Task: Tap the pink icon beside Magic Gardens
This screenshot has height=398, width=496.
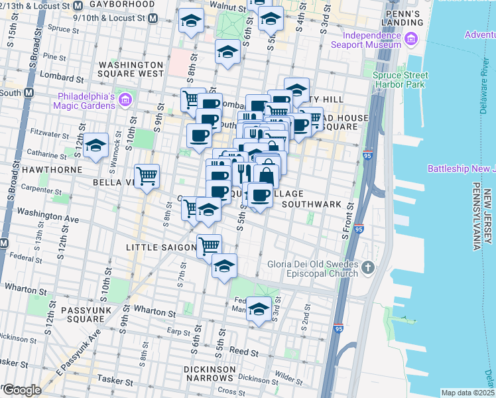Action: click(x=125, y=99)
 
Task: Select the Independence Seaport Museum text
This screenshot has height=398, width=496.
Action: click(x=372, y=40)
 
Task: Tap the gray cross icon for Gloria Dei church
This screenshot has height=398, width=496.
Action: click(x=368, y=268)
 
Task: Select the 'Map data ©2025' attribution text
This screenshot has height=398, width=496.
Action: click(x=467, y=393)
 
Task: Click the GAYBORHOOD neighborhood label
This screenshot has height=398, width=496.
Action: click(x=126, y=4)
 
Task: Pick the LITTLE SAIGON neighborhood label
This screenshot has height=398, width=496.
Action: click(x=160, y=247)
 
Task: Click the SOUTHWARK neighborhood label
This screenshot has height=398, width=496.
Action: click(x=311, y=204)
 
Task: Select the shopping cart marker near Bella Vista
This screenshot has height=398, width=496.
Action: click(x=147, y=176)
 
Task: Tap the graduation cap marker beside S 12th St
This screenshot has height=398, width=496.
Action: click(x=96, y=146)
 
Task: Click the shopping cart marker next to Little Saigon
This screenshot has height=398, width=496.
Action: click(x=210, y=246)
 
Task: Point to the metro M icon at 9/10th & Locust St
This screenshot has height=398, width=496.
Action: click(x=153, y=18)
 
